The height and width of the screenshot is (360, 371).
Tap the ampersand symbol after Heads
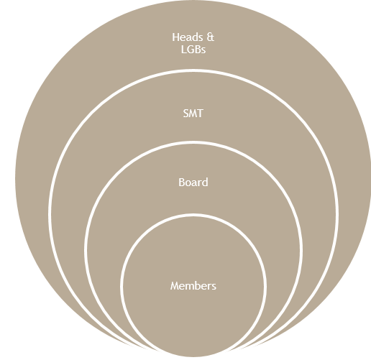(210, 37)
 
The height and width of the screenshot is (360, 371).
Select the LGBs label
(193, 50)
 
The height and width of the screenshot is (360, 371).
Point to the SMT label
(193, 114)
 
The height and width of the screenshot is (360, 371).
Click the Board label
(193, 183)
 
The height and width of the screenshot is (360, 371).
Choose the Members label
(193, 286)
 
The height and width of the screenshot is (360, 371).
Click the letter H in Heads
(175, 37)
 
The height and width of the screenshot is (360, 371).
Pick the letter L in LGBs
(183, 50)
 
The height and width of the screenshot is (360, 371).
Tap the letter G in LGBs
(191, 50)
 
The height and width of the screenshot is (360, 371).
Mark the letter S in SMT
(185, 114)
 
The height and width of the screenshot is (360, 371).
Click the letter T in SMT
(201, 114)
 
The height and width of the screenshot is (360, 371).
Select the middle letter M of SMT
(193, 114)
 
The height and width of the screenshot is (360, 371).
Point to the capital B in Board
(182, 183)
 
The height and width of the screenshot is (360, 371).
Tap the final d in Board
(205, 183)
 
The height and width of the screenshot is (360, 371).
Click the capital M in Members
(175, 286)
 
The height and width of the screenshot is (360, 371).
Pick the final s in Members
(214, 287)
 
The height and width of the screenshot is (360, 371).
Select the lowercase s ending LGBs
(203, 50)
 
